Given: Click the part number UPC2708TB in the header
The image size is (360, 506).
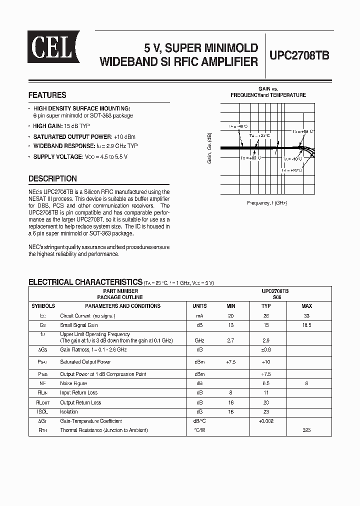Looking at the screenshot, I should point(299,55).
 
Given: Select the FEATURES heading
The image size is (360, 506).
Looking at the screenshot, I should point(47,95).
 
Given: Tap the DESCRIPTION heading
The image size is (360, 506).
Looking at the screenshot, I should point(52,178).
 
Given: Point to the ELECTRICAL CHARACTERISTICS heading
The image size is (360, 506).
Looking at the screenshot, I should point(85,282).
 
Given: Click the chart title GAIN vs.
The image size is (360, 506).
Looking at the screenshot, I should point(268,88).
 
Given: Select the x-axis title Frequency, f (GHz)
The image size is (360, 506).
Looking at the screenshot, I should point(267,203).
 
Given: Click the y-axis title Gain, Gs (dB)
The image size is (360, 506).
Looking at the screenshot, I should point(209,148).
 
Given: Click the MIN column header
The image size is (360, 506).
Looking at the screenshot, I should point(230,306).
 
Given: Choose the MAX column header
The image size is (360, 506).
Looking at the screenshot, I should point(306,306).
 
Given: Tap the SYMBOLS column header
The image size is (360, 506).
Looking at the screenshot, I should point(43,306).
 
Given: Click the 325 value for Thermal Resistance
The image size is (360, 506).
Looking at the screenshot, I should point(306,430).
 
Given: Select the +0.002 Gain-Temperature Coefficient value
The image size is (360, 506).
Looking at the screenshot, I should point(266,421).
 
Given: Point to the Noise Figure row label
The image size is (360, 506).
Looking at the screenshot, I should point(73,383).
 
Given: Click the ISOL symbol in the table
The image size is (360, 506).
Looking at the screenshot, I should point(43,412).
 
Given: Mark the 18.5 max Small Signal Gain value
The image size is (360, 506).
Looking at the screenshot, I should point(306,325).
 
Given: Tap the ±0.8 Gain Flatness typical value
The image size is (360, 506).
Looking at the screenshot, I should point(266,349).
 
